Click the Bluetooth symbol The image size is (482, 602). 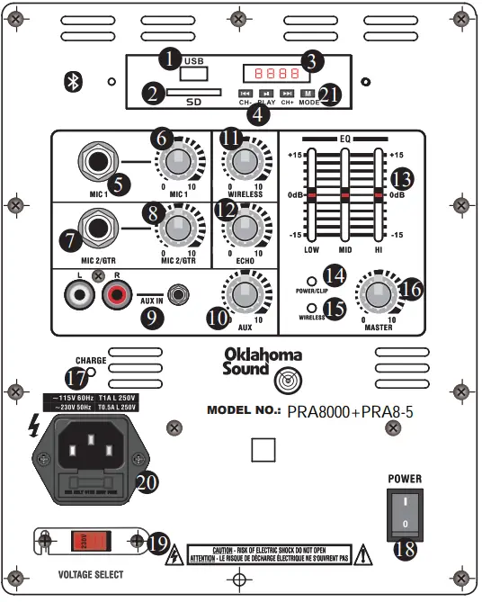point(77,82)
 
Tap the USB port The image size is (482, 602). point(194,72)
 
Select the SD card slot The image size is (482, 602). point(195,93)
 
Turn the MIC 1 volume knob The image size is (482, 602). point(181,161)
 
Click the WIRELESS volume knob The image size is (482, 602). point(242,161)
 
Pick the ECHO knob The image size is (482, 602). point(242,227)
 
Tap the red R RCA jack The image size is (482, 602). point(117,292)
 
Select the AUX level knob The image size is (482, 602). point(242,293)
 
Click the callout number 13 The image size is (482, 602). point(405,177)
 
